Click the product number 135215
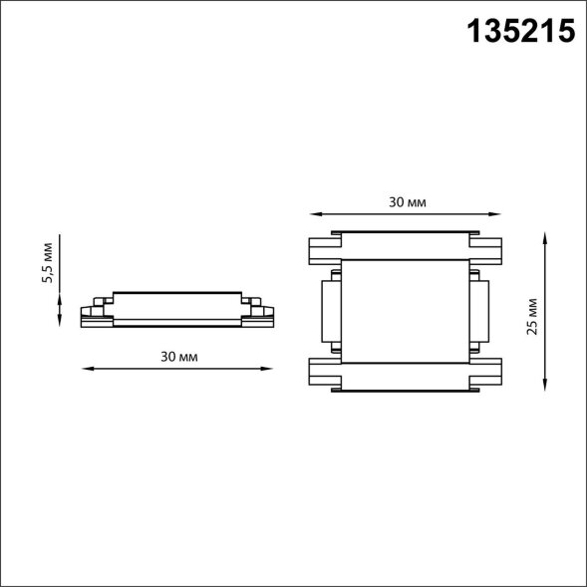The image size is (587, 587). point(521,32)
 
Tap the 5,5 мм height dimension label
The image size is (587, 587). point(48,262)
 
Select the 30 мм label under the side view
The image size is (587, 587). point(179,357)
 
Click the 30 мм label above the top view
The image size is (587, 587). point(408,202)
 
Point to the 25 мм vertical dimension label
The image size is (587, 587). point(531,316)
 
